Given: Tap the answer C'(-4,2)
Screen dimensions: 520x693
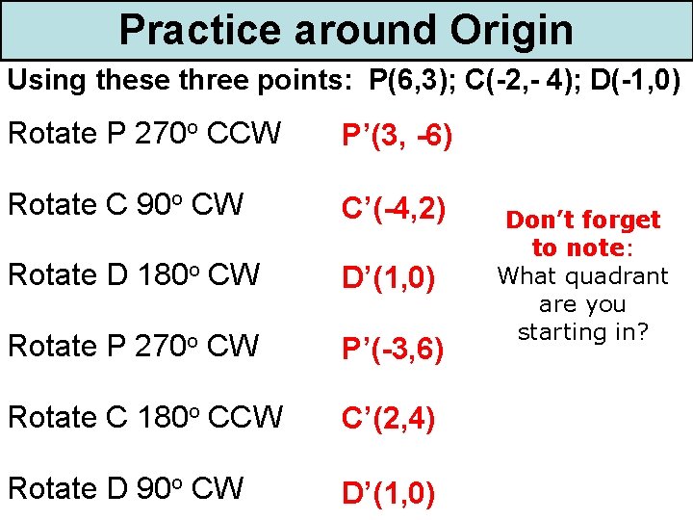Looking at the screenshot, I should [x=392, y=207].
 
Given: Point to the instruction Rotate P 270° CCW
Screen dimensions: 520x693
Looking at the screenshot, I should [x=144, y=134].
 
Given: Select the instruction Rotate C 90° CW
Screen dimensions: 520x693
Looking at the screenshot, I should [x=125, y=205].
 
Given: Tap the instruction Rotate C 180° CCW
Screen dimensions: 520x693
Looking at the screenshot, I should [x=144, y=417].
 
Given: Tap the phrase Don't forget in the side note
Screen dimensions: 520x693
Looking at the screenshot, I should [x=583, y=221].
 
